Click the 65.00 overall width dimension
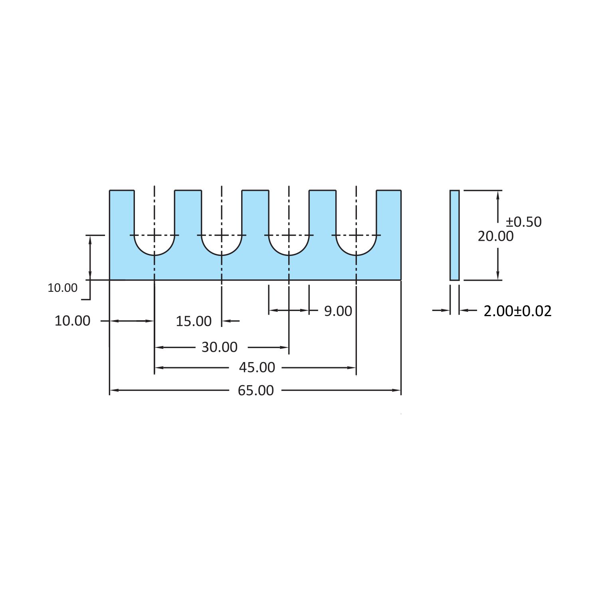pos(256,390)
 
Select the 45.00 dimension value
pos(257,367)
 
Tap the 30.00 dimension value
pos(219,347)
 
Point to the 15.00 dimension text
pos(194,321)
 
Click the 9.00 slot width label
pos(338,311)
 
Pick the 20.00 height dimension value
pos(495,236)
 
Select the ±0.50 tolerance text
pos(524,222)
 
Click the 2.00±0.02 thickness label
pos(517,311)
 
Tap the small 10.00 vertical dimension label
pos(62,288)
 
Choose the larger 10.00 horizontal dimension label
pos(72,321)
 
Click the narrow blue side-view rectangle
pos(454,236)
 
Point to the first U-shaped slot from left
pos(154,224)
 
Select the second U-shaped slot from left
pos(222,224)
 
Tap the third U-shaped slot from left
pos(289,224)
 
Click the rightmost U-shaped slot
pos(356,224)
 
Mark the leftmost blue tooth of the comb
pos(122,216)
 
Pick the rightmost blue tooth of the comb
pos(389,216)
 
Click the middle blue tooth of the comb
pos(255,216)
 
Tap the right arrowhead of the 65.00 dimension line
pos(398,390)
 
